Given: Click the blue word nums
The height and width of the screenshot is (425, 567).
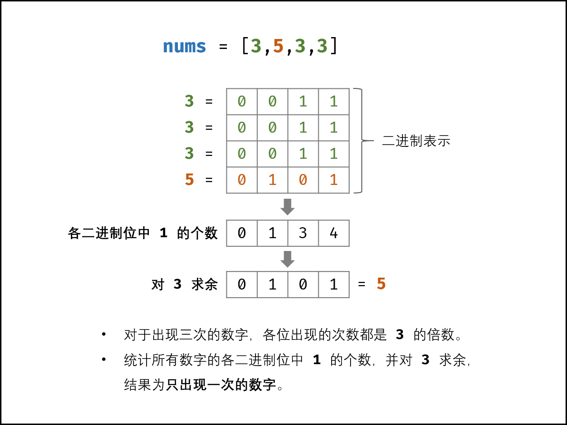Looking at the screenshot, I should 184,47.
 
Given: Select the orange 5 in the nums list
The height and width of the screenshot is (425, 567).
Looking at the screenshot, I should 278,47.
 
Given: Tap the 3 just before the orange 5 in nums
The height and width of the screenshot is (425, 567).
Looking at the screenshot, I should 256,47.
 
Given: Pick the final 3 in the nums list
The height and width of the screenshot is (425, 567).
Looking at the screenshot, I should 322,47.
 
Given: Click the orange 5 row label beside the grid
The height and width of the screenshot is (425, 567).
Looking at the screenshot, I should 189,180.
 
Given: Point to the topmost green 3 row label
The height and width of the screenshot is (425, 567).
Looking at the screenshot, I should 189,101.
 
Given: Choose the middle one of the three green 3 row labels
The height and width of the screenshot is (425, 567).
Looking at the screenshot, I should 189,127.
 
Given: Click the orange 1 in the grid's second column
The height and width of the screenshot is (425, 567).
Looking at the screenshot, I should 272,180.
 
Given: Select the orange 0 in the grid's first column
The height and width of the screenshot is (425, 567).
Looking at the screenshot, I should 242,180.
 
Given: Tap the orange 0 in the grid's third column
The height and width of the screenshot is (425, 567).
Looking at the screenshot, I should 303,180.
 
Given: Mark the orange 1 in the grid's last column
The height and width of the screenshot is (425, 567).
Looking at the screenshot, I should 333,180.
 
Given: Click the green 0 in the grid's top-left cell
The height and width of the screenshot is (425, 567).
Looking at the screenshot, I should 242,101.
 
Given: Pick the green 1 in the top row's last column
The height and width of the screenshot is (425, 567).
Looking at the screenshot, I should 333,101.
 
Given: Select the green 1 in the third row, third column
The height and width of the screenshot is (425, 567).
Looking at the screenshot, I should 303,154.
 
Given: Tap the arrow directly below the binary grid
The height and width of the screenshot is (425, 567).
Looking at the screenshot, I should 287,207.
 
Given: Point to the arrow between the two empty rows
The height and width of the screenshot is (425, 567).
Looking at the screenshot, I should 287,259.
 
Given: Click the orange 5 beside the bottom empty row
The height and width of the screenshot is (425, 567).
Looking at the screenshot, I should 381,284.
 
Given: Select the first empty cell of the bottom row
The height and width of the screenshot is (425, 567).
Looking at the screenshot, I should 242,285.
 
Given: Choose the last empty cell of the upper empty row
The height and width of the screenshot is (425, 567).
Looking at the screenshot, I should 333,233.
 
